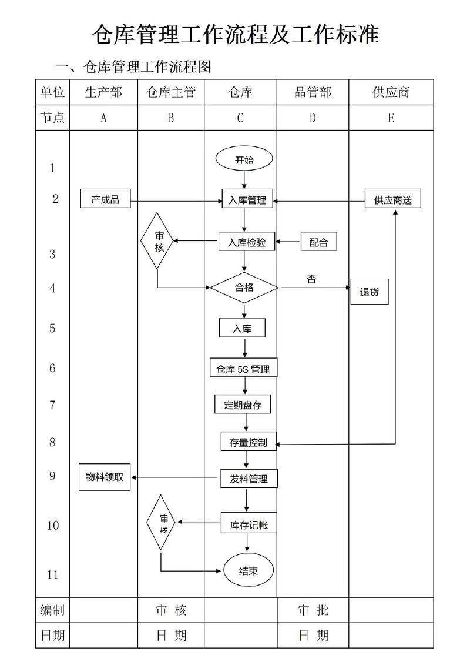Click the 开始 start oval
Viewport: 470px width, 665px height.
click(x=244, y=160)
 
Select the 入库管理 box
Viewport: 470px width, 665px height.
click(x=247, y=200)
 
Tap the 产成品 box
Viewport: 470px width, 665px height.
click(x=105, y=200)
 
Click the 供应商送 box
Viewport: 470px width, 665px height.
click(x=393, y=200)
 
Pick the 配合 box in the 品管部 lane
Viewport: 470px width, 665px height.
click(x=318, y=242)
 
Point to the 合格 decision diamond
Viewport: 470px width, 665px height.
click(x=244, y=288)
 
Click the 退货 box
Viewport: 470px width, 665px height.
click(x=370, y=292)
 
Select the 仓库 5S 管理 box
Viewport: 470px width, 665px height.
click(x=243, y=369)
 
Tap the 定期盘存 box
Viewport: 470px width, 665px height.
click(x=243, y=405)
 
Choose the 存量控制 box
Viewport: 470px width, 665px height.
click(x=248, y=443)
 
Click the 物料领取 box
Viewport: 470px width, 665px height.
click(x=105, y=477)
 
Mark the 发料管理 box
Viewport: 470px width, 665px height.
click(x=249, y=479)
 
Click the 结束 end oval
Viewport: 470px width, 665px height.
click(x=249, y=571)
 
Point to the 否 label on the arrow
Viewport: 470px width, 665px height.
click(x=311, y=279)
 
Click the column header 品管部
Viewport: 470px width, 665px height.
click(x=313, y=92)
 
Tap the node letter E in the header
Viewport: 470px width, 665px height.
click(x=391, y=118)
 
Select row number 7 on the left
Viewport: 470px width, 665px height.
click(x=52, y=405)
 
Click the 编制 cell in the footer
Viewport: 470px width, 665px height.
click(x=52, y=610)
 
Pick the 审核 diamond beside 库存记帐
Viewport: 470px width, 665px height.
click(x=164, y=523)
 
